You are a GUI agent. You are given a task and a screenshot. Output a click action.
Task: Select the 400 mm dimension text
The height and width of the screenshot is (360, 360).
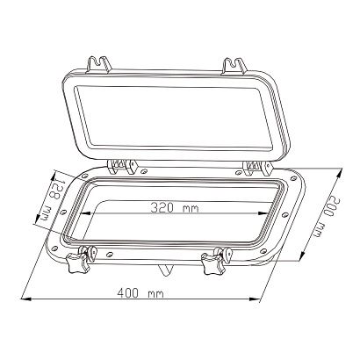coord(140,291)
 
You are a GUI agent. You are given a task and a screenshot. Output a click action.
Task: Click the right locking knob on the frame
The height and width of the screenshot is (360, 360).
coord(212,263)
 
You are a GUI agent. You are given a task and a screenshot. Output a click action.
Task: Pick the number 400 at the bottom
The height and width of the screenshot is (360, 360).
coord(129,291)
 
